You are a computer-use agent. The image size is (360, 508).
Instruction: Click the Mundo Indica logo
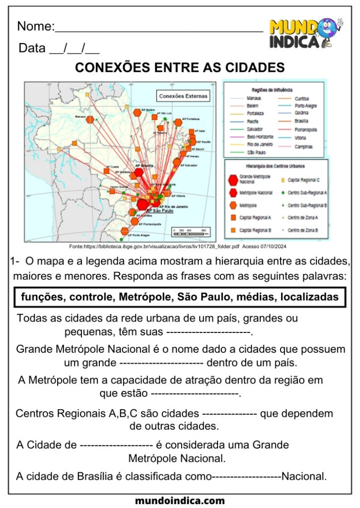pos(305,33)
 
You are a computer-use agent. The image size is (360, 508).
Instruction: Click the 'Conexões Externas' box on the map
pos(183,96)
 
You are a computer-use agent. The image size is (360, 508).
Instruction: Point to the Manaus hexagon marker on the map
pos(90,120)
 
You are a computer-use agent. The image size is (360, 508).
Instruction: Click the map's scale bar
pos(190,230)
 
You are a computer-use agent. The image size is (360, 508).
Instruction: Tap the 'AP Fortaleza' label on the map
pos(191,119)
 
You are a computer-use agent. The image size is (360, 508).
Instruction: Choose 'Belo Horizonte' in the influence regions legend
pos(260,136)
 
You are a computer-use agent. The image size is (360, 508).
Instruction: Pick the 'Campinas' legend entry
pos(303,147)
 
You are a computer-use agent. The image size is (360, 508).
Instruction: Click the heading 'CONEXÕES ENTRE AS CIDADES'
pos(180,67)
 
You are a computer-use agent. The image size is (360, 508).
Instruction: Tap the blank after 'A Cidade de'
pos(116,445)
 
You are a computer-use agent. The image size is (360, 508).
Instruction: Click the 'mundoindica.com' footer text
pos(180,501)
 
